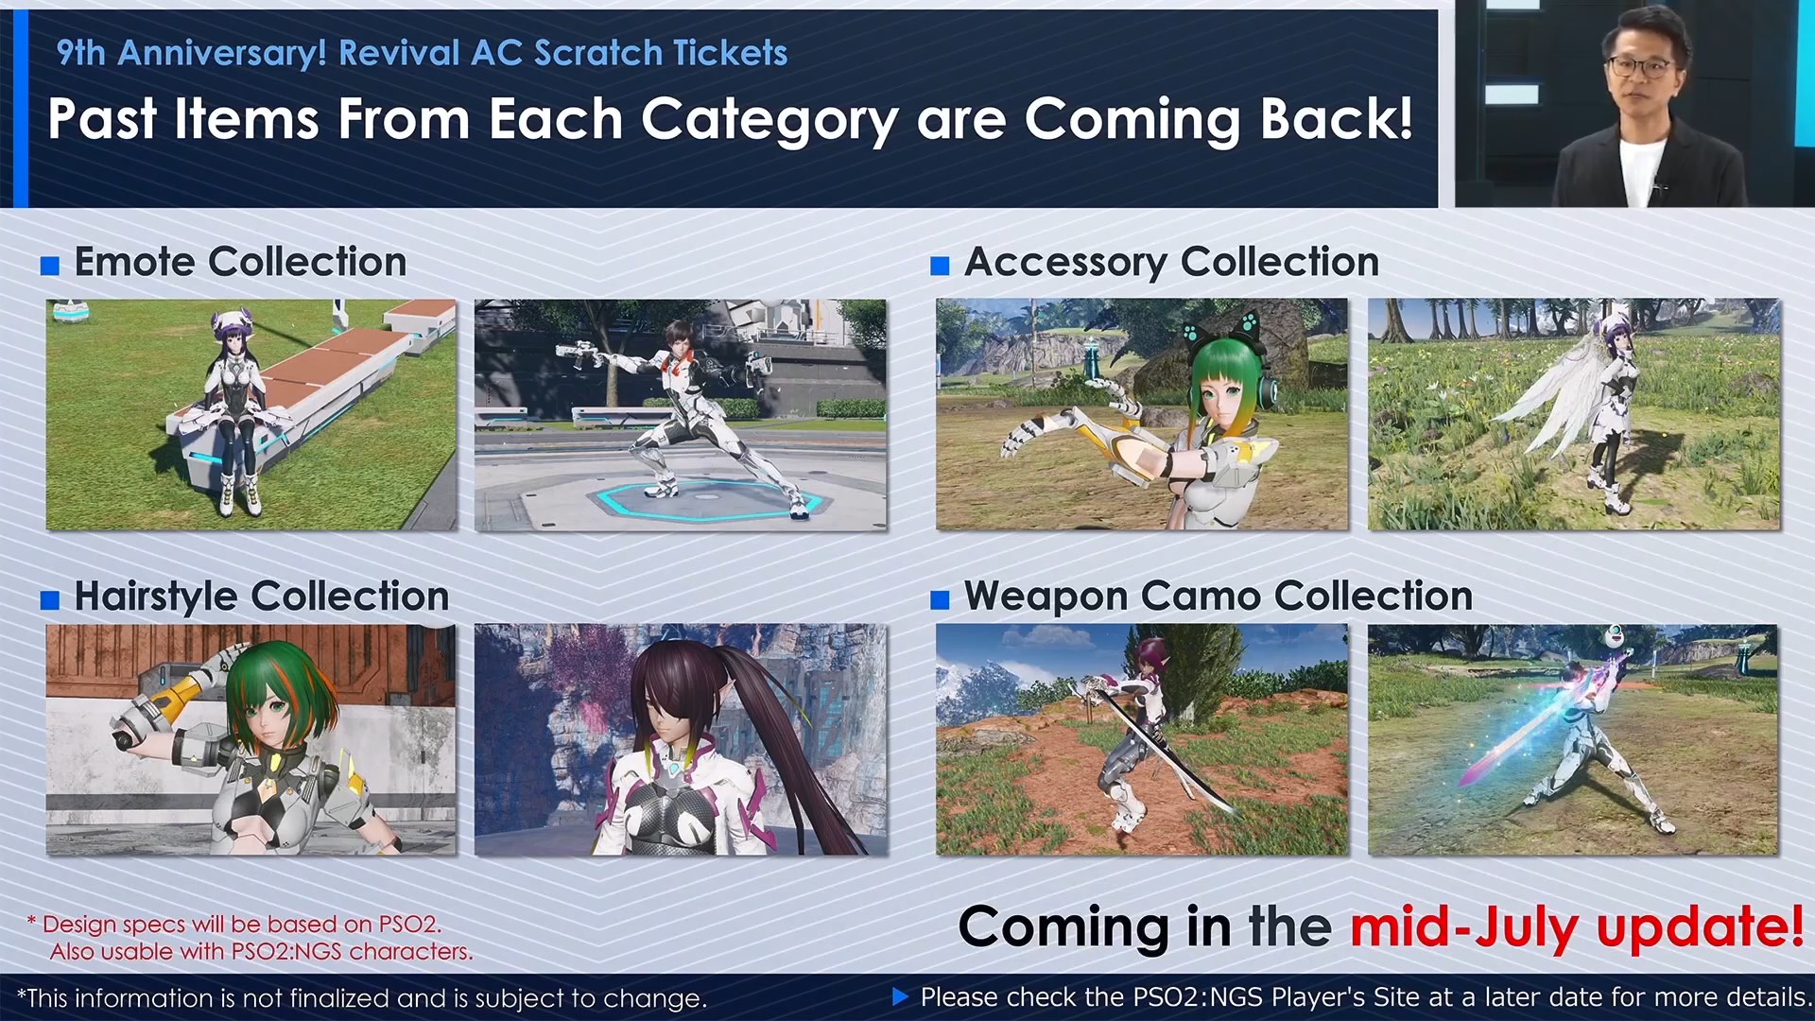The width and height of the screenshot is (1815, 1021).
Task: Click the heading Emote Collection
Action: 240,262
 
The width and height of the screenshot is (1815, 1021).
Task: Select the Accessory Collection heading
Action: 1171,263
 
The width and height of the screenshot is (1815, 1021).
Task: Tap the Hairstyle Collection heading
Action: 262,597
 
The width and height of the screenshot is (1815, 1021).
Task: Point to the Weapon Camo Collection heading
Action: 1219,597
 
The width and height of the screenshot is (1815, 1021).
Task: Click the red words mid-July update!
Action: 1577,926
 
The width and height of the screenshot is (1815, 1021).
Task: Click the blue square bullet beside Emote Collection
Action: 50,266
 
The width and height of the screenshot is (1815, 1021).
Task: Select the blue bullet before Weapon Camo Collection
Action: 940,600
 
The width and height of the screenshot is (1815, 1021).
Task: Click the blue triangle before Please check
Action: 900,996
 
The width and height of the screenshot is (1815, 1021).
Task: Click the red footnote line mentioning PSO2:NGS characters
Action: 261,951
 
